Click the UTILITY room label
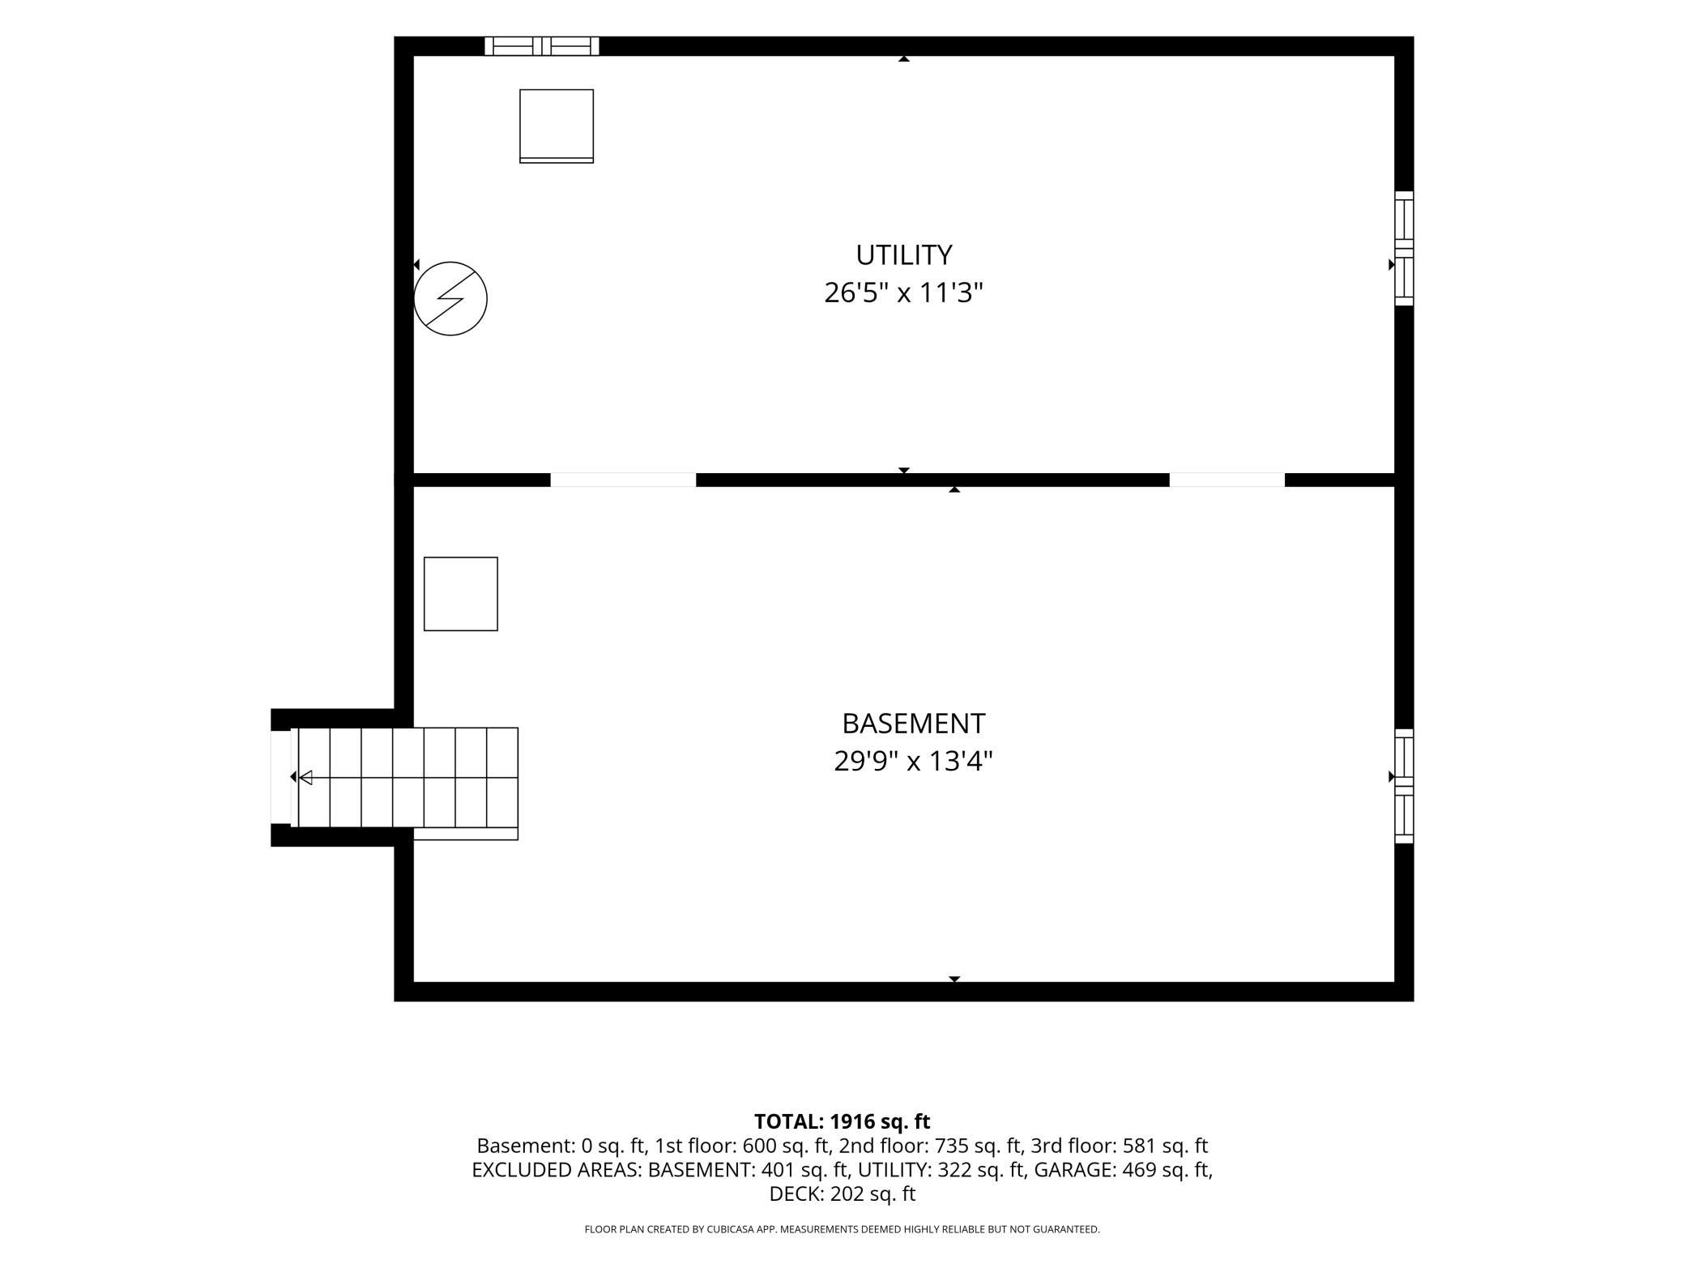pos(903,255)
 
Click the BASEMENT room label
pos(913,723)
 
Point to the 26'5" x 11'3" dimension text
pos(903,293)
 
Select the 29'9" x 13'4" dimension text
pos(913,761)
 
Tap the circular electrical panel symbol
pos(450,298)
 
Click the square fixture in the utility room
pos(557,126)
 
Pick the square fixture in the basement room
pos(461,594)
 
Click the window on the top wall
pos(542,46)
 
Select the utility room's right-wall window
pos(1404,249)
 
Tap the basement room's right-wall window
pos(1404,786)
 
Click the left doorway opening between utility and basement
pos(623,480)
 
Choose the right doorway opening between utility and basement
pos(1226,480)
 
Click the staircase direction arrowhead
pos(305,778)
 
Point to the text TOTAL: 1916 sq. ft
pos(842,1121)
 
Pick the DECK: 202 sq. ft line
pos(842,1194)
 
